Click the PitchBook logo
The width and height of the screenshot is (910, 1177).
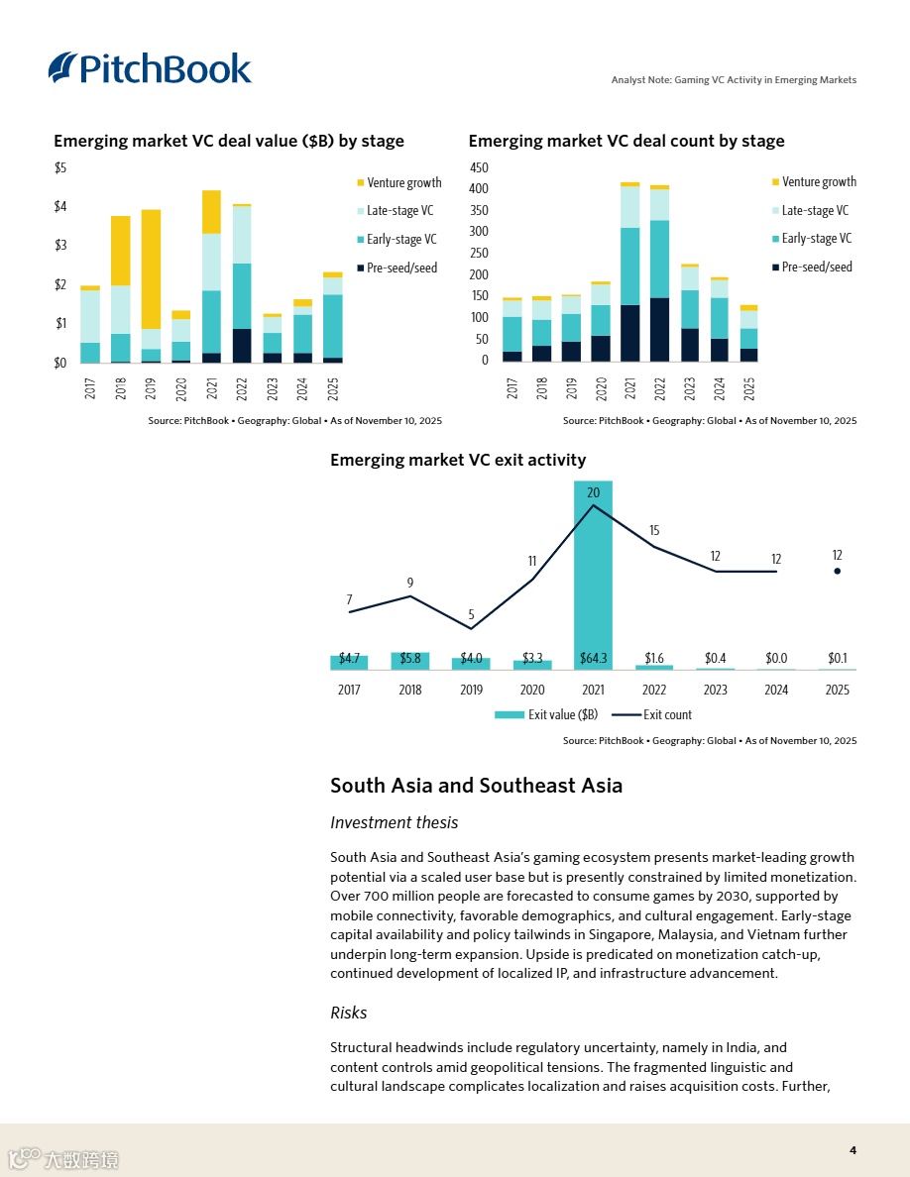click(150, 67)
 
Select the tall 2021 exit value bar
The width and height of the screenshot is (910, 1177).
click(593, 575)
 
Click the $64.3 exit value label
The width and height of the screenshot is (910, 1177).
click(593, 659)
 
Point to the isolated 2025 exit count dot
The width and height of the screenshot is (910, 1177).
click(838, 571)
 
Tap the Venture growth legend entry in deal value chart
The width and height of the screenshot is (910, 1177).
click(398, 183)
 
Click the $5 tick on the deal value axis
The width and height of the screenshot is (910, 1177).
click(60, 168)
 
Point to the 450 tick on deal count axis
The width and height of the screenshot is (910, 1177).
click(479, 168)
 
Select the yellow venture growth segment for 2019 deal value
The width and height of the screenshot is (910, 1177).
click(151, 268)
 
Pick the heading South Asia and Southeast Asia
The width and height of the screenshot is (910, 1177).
click(476, 786)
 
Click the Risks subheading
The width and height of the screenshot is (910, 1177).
click(349, 1013)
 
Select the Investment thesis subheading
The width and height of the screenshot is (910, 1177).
click(394, 822)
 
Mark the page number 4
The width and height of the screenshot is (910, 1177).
click(853, 1150)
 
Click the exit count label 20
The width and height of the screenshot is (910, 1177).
click(593, 493)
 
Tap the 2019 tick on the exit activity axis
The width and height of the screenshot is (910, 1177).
click(471, 690)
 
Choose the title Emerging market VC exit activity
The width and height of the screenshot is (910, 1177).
click(457, 460)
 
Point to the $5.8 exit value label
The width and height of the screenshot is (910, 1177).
click(409, 659)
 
